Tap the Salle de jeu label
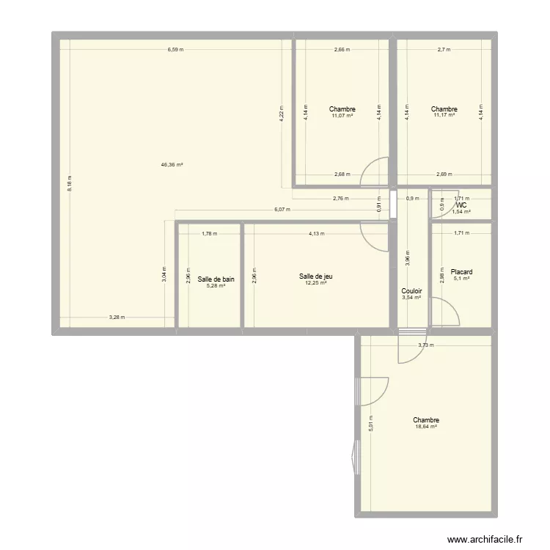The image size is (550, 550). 316,276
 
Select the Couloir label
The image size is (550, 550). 411,291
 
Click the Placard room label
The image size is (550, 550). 462,271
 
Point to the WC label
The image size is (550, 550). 461,205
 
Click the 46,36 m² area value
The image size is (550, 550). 172,165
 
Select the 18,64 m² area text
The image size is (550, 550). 425,426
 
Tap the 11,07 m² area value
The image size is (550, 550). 342,115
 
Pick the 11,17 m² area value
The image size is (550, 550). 444,115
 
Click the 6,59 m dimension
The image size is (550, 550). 175,50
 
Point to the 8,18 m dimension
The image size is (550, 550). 69,183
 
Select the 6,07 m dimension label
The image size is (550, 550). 282,209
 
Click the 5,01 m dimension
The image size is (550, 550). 371,426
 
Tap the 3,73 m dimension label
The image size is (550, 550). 425,345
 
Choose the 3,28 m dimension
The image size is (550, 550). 117,318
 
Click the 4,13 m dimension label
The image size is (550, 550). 316,234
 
